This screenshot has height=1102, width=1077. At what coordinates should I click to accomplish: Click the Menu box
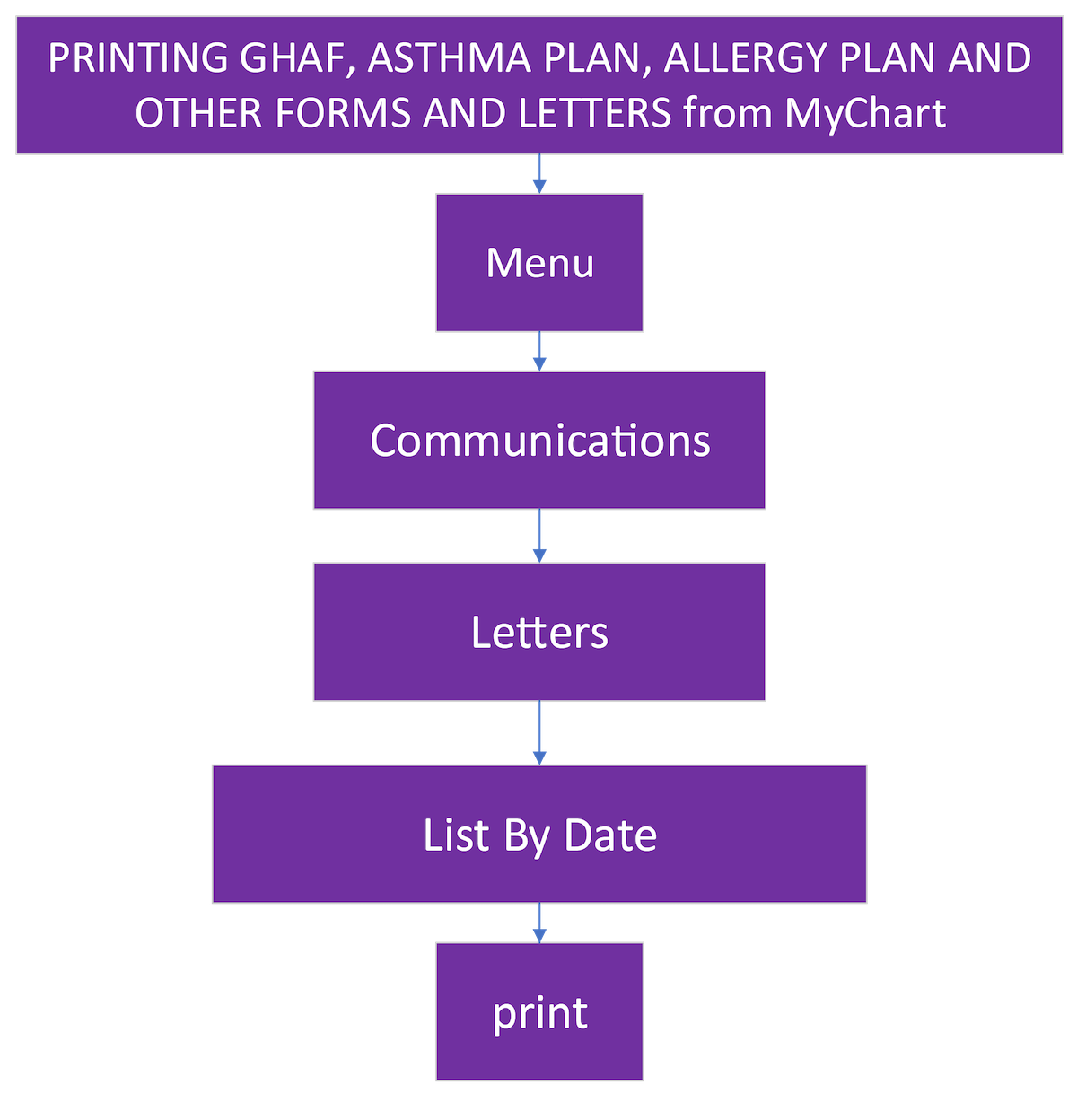(539, 263)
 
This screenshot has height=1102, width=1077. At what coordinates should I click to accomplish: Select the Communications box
(539, 441)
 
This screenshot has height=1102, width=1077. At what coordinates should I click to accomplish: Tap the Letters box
(539, 633)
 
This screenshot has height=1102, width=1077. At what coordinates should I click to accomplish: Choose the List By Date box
(539, 835)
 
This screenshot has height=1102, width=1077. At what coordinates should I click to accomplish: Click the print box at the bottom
(539, 1012)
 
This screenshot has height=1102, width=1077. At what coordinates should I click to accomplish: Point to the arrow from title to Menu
(539, 174)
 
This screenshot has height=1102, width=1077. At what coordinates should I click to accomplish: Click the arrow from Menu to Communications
(539, 352)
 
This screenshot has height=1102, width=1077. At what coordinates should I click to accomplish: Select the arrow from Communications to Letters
(539, 537)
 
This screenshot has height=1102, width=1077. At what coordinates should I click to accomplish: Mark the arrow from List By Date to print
(539, 923)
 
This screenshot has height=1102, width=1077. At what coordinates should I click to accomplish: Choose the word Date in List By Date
(610, 835)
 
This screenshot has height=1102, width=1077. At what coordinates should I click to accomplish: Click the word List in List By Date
(444, 835)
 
